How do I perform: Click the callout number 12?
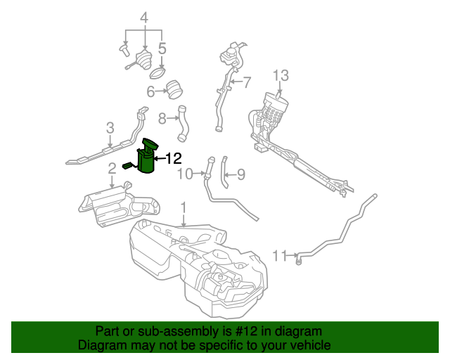click(x=173, y=159)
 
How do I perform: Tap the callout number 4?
click(x=144, y=17)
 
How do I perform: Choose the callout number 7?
click(x=246, y=82)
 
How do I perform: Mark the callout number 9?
click(x=240, y=174)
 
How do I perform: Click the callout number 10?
click(x=184, y=174)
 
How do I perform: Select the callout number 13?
click(x=281, y=75)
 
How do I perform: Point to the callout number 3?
click(x=110, y=127)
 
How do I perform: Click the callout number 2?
click(x=112, y=169)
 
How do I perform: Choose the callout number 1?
click(x=184, y=208)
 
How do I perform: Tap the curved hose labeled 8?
click(x=184, y=122)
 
